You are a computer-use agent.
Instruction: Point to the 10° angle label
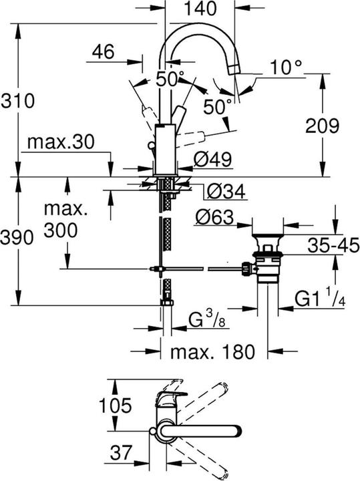(287, 67)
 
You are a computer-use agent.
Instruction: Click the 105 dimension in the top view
(89, 406)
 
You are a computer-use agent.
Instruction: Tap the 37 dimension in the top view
(120, 454)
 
